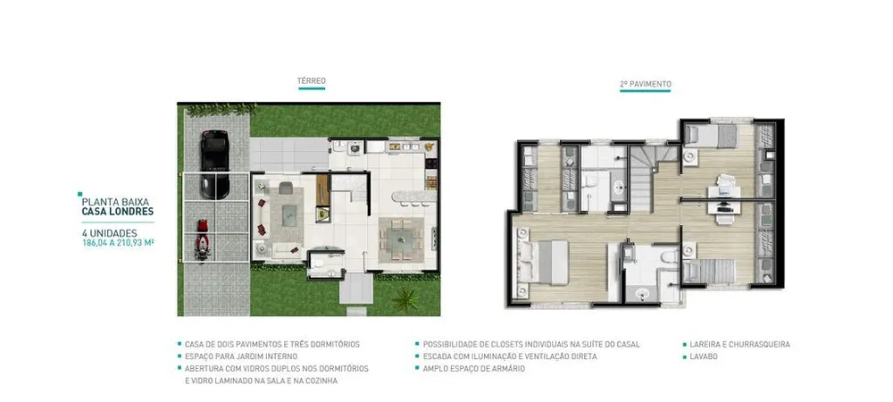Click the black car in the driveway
click(x=214, y=164)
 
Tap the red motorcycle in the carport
click(x=202, y=239)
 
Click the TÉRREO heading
click(x=312, y=81)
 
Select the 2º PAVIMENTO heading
click(x=646, y=84)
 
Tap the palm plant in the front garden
click(x=406, y=299)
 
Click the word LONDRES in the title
click(x=134, y=211)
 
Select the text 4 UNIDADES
click(x=109, y=233)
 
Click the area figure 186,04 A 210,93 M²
click(x=119, y=242)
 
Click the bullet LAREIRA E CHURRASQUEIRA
click(x=739, y=345)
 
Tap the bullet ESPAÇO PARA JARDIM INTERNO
click(x=241, y=356)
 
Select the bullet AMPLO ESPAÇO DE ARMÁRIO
click(x=474, y=368)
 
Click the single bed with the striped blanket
click(x=709, y=271)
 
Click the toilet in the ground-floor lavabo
click(x=320, y=263)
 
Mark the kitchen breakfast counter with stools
click(x=413, y=197)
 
